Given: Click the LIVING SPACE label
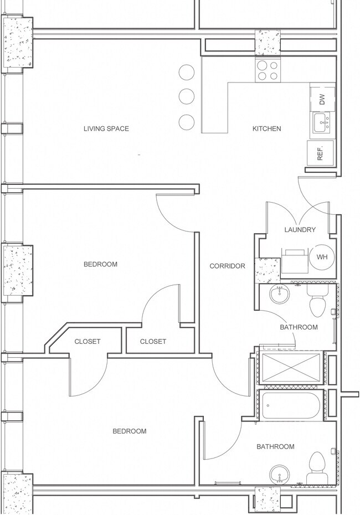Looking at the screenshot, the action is click(x=106, y=128).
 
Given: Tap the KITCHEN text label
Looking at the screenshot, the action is click(x=267, y=128).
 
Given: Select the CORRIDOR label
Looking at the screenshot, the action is click(x=227, y=266).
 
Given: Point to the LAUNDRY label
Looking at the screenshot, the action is click(x=300, y=230).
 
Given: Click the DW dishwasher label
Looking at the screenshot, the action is click(x=322, y=99).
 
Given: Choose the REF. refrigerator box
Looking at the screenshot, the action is click(x=321, y=153).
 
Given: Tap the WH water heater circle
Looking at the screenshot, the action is click(x=322, y=257).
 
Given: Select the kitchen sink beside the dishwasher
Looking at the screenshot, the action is click(x=322, y=123).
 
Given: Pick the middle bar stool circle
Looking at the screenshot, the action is click(x=187, y=96).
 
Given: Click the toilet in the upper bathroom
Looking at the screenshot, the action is click(x=318, y=301).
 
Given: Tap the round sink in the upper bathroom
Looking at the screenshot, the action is click(x=280, y=294).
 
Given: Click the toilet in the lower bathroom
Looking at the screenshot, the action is click(x=317, y=468).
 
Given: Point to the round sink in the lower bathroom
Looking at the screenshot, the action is click(x=280, y=475).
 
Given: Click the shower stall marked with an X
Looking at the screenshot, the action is click(x=291, y=367).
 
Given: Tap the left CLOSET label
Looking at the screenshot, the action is click(x=88, y=342).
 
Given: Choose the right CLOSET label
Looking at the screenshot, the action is click(x=153, y=342).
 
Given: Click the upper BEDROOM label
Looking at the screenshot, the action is click(x=100, y=264).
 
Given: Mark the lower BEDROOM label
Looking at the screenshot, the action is click(x=130, y=431).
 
